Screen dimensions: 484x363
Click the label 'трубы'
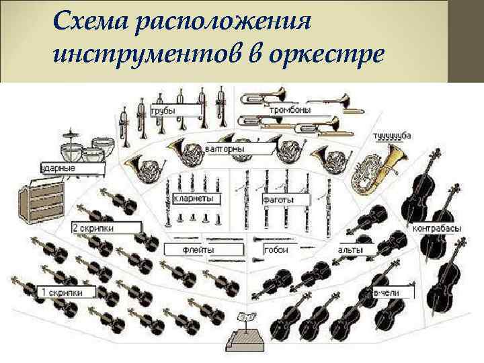(163, 110)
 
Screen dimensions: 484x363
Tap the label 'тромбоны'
(290, 110)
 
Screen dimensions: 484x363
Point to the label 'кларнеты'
(193, 199)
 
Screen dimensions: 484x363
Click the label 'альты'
(351, 250)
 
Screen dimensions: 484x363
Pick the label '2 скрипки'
(94, 229)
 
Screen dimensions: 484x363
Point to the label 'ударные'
(59, 167)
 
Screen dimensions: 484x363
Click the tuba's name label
(391, 136)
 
